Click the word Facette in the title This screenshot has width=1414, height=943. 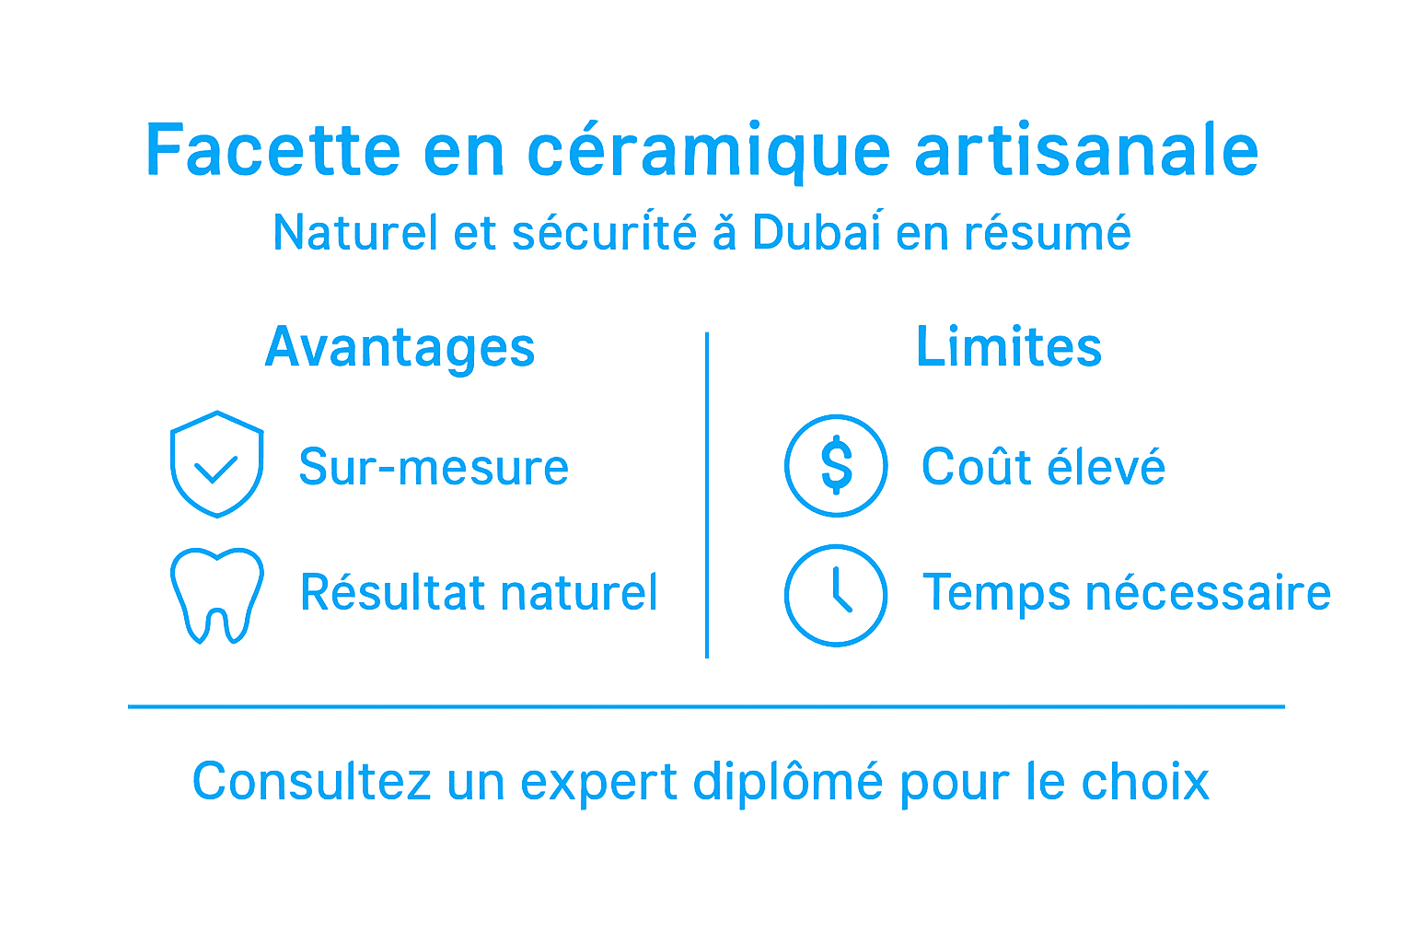(273, 150)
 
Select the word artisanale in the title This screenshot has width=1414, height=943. (1086, 150)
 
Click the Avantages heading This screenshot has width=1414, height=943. (400, 348)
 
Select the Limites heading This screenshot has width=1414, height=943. (1009, 347)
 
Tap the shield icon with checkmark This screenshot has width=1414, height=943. (217, 464)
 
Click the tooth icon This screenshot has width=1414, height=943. (217, 595)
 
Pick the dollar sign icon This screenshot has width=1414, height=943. (836, 466)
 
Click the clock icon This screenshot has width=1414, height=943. (836, 595)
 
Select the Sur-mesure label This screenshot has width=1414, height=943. (434, 467)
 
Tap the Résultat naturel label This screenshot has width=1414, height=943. (479, 592)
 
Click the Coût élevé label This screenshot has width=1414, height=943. (1043, 467)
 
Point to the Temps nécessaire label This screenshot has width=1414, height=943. (1127, 592)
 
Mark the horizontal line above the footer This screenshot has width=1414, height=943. (706, 706)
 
